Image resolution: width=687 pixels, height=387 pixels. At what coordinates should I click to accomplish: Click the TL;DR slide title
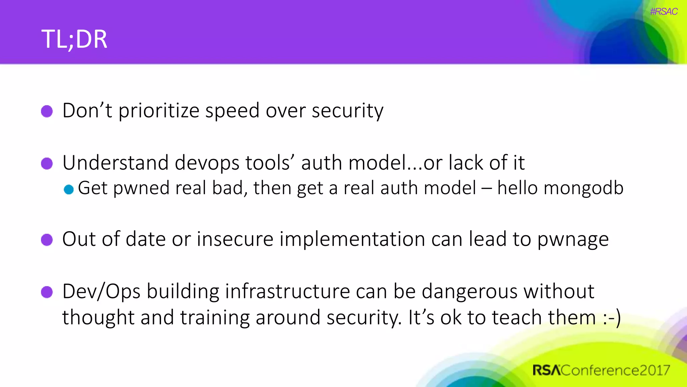(74, 39)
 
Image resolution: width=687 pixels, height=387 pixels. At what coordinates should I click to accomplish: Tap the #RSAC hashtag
(664, 12)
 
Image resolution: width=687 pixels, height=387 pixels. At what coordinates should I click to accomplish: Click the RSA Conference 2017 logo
(601, 370)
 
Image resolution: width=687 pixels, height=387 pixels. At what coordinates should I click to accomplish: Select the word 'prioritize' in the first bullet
(159, 111)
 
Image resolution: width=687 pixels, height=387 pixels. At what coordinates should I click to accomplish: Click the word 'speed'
(232, 111)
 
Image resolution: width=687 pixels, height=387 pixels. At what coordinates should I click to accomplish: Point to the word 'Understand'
(115, 163)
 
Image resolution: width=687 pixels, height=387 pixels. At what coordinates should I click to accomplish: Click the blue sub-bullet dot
(69, 189)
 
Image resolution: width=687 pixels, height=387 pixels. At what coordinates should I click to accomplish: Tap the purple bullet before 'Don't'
(47, 111)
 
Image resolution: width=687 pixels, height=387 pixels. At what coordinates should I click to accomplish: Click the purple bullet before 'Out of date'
(47, 240)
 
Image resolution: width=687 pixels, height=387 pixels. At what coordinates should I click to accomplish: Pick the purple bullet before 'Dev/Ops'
(47, 292)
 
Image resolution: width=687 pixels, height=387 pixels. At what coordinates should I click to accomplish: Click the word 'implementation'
(352, 240)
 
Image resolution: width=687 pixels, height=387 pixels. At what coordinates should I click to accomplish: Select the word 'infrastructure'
(287, 291)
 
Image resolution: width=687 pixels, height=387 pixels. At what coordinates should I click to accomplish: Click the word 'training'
(215, 318)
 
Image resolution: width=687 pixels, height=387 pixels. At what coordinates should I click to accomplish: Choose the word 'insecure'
(235, 240)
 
